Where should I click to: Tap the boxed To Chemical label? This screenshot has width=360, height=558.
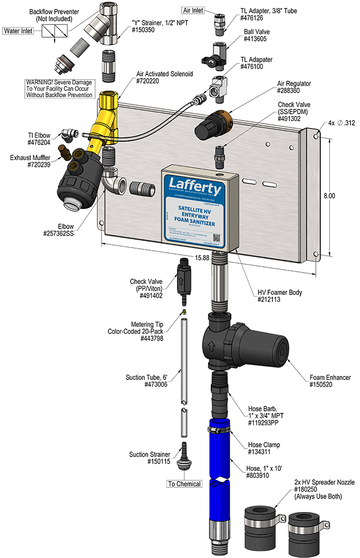coord(184,484)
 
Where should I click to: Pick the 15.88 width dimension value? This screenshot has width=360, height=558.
coord(202,257)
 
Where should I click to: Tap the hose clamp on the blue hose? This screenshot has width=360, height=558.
coord(219,427)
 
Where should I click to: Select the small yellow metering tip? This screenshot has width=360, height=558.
coord(183,312)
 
